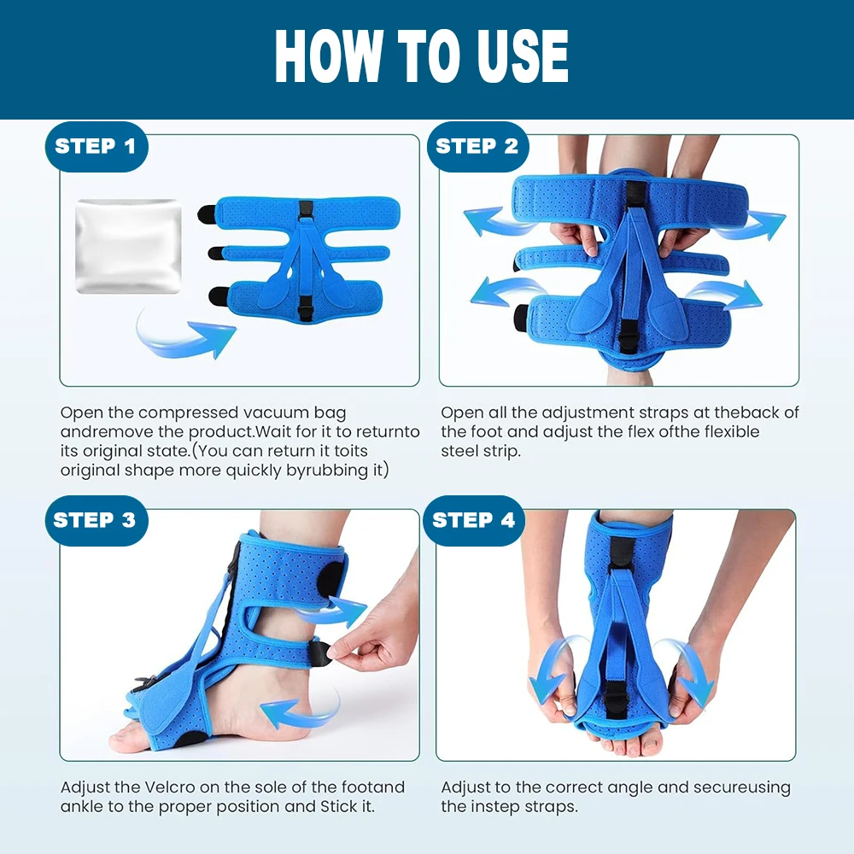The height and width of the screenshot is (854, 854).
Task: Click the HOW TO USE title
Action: [x=422, y=56]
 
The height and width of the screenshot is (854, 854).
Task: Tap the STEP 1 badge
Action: [x=97, y=147]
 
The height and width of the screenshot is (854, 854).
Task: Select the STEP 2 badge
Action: [x=477, y=147]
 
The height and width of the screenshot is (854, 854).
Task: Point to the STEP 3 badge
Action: [x=97, y=521]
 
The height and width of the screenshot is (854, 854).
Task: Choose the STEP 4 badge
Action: [x=474, y=521]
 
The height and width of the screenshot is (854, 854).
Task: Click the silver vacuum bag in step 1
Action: [x=128, y=246]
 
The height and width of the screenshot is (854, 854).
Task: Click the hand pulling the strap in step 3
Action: [x=376, y=632]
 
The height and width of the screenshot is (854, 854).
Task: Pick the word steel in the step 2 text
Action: [x=459, y=451]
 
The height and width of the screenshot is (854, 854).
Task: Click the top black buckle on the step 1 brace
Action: [x=306, y=210]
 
